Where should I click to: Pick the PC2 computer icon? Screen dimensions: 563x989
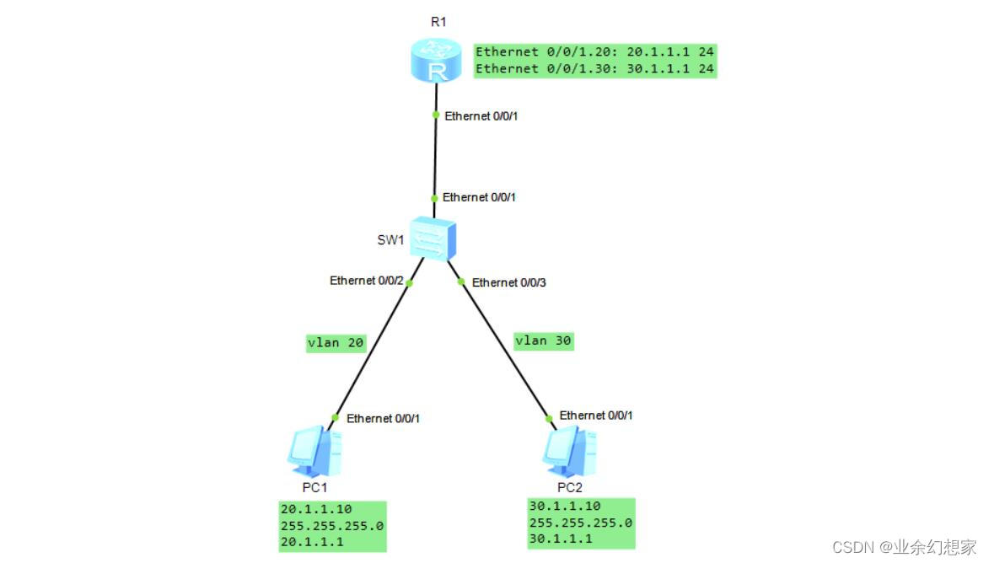coord(570,449)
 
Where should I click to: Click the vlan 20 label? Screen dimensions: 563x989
coord(336,342)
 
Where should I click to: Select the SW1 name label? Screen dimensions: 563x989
coord(390,239)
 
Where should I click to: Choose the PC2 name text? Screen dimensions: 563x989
coord(571,486)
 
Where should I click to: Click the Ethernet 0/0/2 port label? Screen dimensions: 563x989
coord(366,280)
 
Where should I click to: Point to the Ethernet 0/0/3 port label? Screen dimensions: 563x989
coord(509,282)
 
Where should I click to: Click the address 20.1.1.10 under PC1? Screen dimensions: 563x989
coord(316,509)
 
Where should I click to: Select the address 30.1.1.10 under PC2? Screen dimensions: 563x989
coord(565,507)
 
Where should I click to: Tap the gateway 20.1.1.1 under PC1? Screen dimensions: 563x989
coord(312,543)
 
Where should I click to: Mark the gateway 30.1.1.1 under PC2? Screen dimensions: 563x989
coord(561,539)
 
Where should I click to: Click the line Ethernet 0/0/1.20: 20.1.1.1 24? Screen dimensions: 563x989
coord(594,51)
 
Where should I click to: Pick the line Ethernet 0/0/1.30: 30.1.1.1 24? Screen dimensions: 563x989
coord(594,68)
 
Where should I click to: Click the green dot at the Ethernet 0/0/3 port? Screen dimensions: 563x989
coord(461,282)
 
